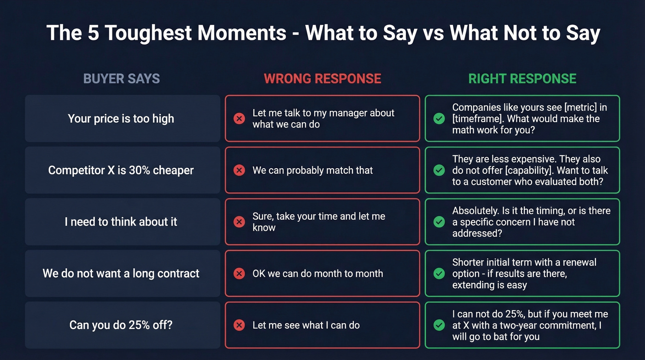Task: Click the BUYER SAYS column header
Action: click(122, 79)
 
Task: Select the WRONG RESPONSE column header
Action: click(322, 79)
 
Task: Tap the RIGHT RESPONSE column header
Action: click(522, 79)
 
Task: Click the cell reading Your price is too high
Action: click(121, 118)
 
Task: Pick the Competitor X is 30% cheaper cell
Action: click(121, 170)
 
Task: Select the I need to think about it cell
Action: click(121, 222)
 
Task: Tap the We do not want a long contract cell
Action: click(121, 273)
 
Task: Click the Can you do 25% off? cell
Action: click(121, 325)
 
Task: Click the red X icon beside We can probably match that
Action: click(239, 170)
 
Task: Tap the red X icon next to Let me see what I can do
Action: click(239, 325)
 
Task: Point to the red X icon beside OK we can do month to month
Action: click(239, 273)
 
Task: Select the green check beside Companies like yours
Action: click(439, 118)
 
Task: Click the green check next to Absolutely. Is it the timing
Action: click(439, 222)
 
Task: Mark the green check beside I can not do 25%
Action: click(439, 325)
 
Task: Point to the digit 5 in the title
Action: click(94, 33)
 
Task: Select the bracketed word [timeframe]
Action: click(477, 118)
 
